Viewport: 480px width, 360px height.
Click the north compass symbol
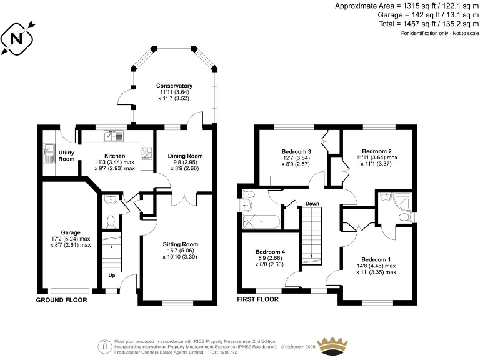point(18,39)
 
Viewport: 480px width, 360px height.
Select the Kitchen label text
point(114,156)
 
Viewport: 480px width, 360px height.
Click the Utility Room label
point(66,156)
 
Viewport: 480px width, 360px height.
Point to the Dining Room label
point(186,156)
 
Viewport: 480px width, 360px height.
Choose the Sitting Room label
point(180,244)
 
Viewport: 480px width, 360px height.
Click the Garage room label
point(71,232)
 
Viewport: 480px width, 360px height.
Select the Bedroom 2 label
point(377,151)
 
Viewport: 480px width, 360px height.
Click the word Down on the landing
point(312,204)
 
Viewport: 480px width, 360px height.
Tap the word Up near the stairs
point(112,275)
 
